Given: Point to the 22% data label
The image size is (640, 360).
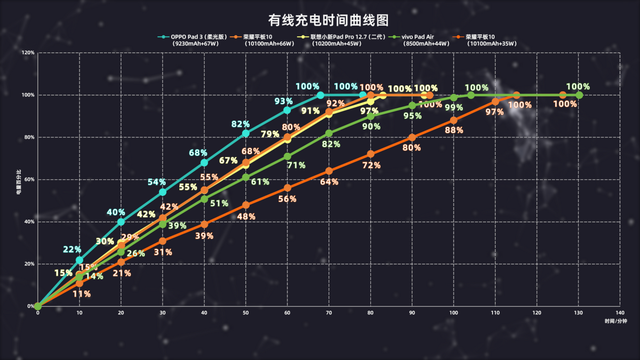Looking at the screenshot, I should [72, 249].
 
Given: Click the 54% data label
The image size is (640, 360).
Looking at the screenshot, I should [157, 182].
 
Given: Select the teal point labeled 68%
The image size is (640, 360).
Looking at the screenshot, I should [204, 162].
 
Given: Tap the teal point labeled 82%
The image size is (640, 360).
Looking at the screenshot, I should [246, 133].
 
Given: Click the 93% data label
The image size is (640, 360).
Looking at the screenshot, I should [284, 101].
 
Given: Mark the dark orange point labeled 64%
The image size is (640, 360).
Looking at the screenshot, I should [329, 171].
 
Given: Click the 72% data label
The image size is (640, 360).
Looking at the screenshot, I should [371, 165].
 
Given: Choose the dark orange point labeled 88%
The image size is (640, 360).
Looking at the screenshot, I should [454, 120].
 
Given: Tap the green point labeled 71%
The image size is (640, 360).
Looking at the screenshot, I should [288, 156].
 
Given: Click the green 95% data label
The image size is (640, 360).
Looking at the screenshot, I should [412, 116].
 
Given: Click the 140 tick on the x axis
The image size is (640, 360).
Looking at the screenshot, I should [621, 313].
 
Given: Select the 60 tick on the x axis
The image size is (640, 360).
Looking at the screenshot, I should [288, 313].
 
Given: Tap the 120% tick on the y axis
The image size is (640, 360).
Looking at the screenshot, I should [28, 53].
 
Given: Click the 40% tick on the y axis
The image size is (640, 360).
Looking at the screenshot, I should [29, 222].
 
